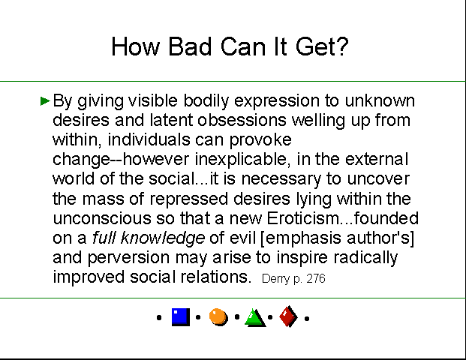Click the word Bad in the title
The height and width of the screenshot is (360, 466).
click(x=190, y=46)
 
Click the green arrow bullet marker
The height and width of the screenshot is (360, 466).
click(x=45, y=101)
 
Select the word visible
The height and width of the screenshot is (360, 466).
click(x=153, y=100)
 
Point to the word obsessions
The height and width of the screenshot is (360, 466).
click(x=242, y=120)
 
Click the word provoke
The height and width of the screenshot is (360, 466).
click(x=260, y=140)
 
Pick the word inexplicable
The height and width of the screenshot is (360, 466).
click(x=242, y=160)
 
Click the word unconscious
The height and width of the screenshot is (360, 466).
click(x=102, y=218)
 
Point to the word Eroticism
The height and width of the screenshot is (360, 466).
click(x=302, y=218)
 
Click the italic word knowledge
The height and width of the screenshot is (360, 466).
click(x=163, y=238)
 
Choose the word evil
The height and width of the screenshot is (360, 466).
click(x=243, y=238)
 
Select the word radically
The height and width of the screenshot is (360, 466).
click(x=365, y=257)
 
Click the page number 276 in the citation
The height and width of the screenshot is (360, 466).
click(x=316, y=278)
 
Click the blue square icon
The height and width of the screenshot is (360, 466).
click(x=181, y=317)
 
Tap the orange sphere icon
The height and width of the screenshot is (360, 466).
click(x=218, y=317)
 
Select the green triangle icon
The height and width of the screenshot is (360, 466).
click(x=255, y=318)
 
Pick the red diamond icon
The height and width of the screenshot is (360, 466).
click(x=288, y=316)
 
